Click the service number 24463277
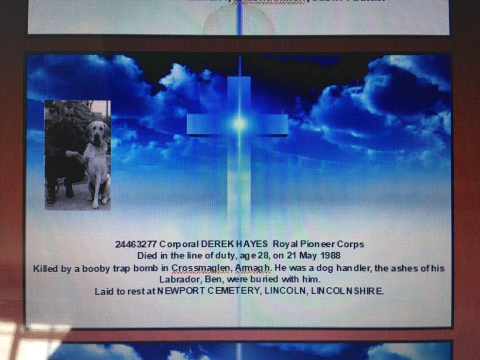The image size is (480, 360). [136, 244]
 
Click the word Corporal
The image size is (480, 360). [179, 244]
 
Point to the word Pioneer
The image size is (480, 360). [317, 244]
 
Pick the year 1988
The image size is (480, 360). [330, 255]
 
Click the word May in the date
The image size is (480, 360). [308, 256]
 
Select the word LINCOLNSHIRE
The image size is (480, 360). [347, 290]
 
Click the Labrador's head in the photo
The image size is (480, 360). [97, 132]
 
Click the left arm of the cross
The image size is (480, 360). [207, 124]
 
